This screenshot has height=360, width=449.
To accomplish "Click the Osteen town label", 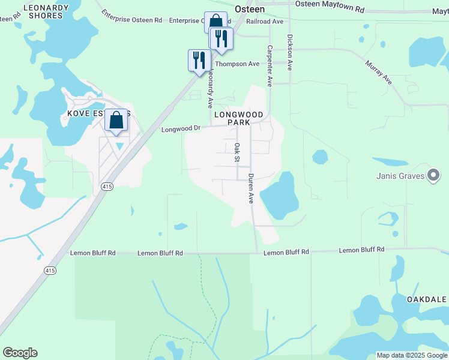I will [x=250, y=9].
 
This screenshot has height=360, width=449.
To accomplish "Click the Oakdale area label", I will [x=427, y=299].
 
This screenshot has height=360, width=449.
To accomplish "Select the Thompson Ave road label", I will [x=237, y=64].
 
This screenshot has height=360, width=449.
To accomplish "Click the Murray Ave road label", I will [x=379, y=72].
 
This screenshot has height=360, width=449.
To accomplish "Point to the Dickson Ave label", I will [x=289, y=52].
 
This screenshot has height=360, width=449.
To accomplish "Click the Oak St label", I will [x=237, y=153].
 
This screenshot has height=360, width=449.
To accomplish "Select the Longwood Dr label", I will [x=180, y=129].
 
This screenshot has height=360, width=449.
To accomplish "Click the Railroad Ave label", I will [x=267, y=21].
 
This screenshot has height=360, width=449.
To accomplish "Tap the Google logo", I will [x=20, y=353].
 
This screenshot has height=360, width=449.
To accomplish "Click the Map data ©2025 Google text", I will [x=412, y=355].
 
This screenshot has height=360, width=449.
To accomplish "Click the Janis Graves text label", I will [x=400, y=176].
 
